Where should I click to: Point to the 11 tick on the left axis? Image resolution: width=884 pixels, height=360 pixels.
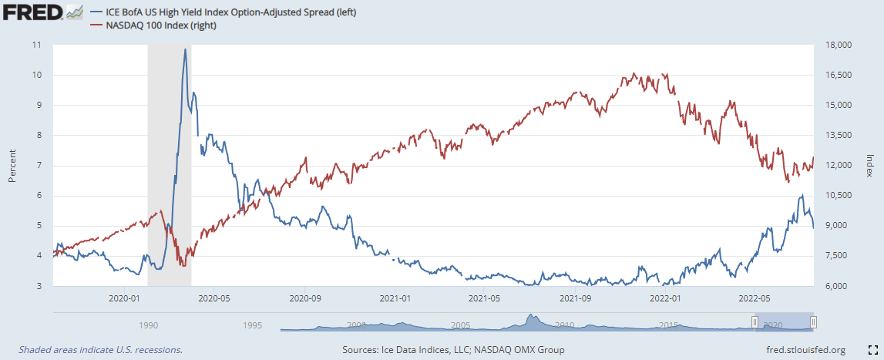36,45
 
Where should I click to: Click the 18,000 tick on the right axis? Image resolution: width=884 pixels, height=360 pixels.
836,45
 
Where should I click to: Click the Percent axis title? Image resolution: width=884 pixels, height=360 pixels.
12,165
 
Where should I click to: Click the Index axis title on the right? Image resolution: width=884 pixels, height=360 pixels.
870,165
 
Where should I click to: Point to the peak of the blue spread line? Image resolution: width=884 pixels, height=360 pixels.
185,49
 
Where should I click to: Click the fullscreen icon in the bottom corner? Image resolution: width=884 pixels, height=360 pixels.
872,349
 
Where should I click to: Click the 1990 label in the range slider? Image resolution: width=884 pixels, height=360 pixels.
149,325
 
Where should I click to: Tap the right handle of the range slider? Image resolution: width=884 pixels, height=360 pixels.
813,321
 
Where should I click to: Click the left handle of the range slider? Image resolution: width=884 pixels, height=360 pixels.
755,321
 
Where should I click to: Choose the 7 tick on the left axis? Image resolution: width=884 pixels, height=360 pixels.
38,166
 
